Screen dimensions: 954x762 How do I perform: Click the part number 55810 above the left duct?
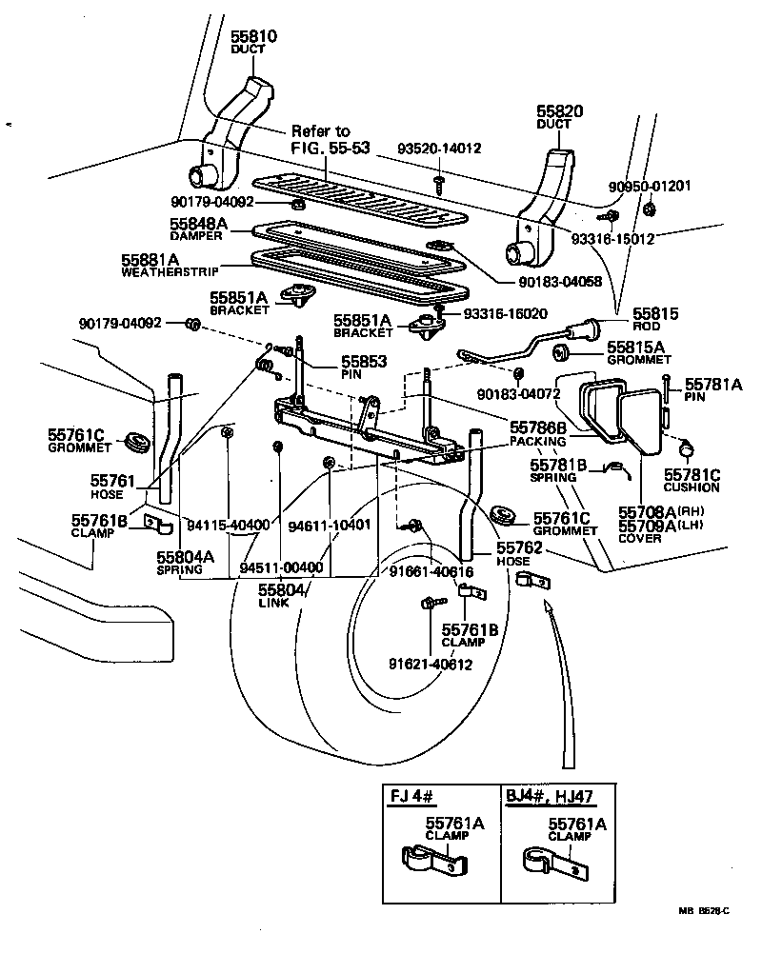click(x=252, y=37)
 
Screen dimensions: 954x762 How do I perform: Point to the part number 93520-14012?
click(x=439, y=149)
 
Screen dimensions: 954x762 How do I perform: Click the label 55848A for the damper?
click(x=198, y=224)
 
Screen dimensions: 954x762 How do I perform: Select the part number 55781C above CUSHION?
click(x=692, y=474)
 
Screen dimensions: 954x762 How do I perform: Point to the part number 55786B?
click(x=538, y=428)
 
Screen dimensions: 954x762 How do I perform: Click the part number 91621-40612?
click(x=430, y=664)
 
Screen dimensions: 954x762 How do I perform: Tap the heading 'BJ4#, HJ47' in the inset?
click(x=547, y=796)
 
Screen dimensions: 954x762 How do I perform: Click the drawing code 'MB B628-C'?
click(x=703, y=911)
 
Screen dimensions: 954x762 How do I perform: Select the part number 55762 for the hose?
click(x=519, y=548)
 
